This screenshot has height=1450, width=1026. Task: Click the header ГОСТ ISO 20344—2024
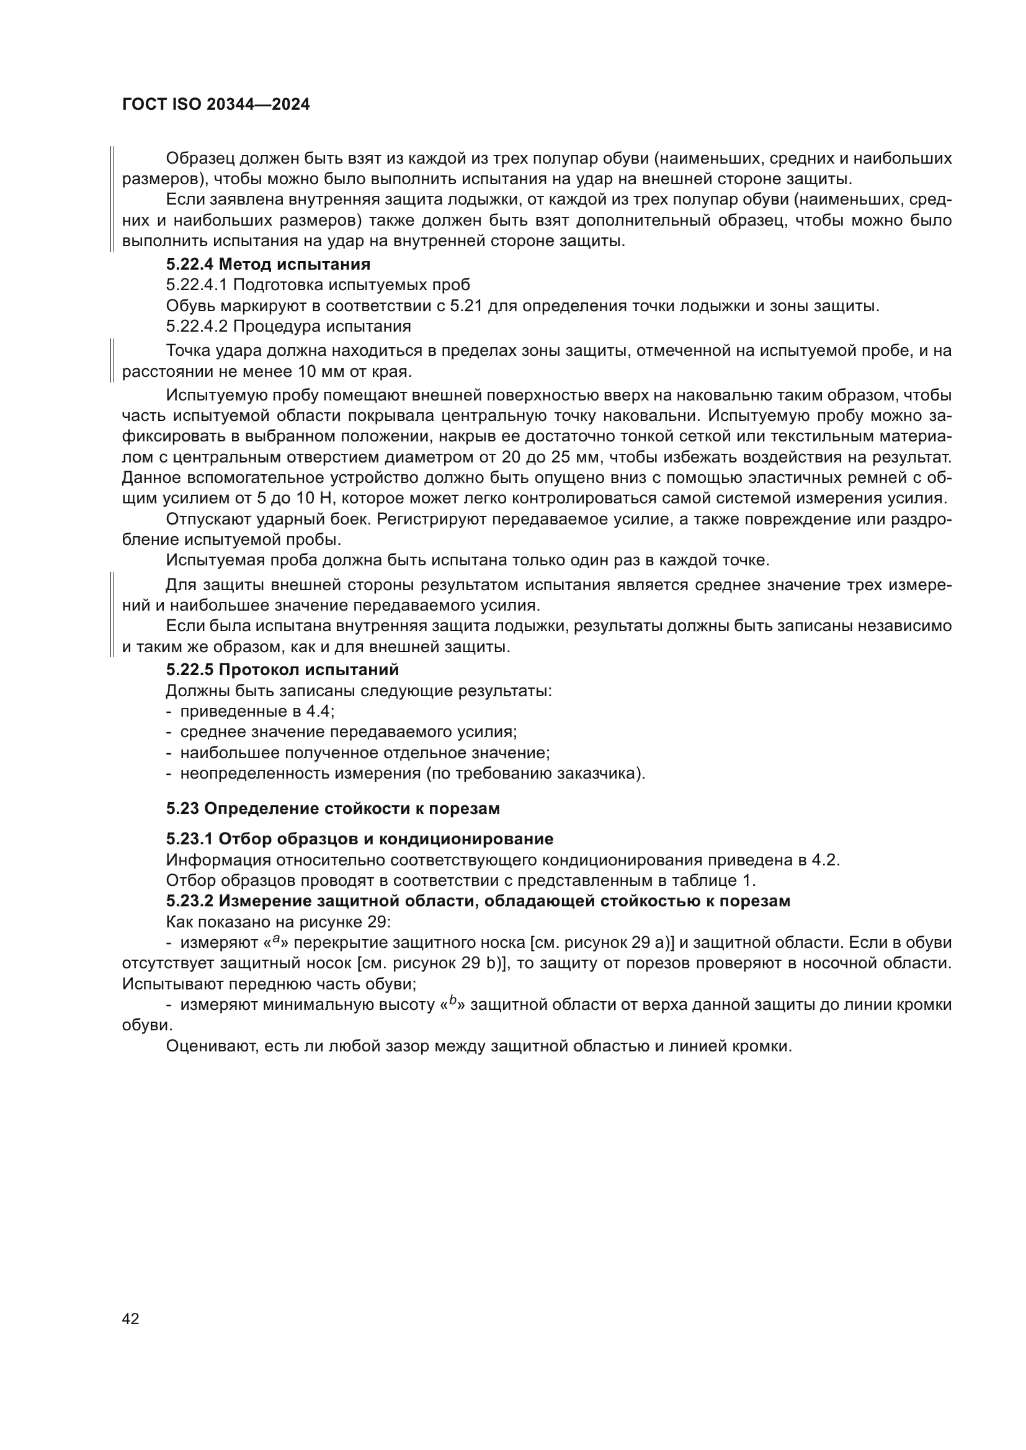pyautogui.click(x=215, y=105)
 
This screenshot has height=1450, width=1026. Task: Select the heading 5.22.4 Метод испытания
pyautogui.click(x=268, y=263)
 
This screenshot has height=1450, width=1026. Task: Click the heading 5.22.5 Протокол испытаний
pyautogui.click(x=282, y=669)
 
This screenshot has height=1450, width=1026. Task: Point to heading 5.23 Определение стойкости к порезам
pyautogui.click(x=333, y=808)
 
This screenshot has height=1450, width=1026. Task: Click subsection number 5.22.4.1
pyautogui.click(x=197, y=284)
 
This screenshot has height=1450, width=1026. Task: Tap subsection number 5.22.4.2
pyautogui.click(x=197, y=327)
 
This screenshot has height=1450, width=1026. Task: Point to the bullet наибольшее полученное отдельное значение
pyautogui.click(x=365, y=753)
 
